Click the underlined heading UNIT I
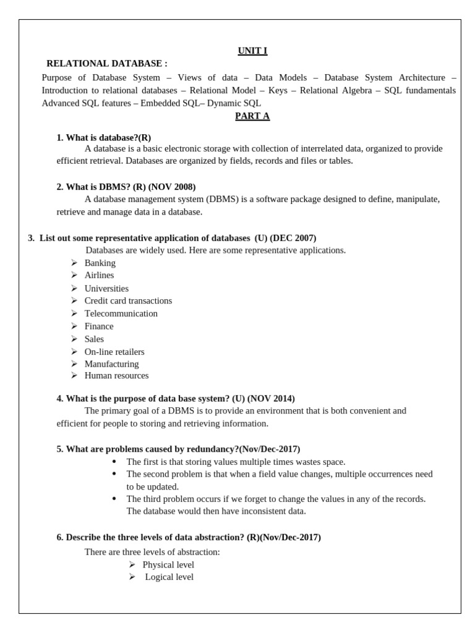tap(252, 51)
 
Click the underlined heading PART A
tap(252, 116)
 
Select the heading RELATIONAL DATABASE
tap(106, 64)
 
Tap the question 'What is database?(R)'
tap(103, 137)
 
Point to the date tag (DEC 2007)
tap(293, 238)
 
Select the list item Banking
tap(100, 263)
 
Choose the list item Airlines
tap(99, 275)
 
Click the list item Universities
tap(106, 288)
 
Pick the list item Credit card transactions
tap(128, 300)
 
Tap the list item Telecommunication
tap(121, 313)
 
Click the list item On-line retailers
tap(114, 352)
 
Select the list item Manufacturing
tap(111, 364)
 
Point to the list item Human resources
tap(116, 375)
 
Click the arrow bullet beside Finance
tap(74, 326)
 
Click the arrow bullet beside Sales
tap(74, 339)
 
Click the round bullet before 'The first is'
tap(114, 461)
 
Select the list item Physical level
tap(168, 564)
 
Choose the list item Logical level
tap(169, 577)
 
